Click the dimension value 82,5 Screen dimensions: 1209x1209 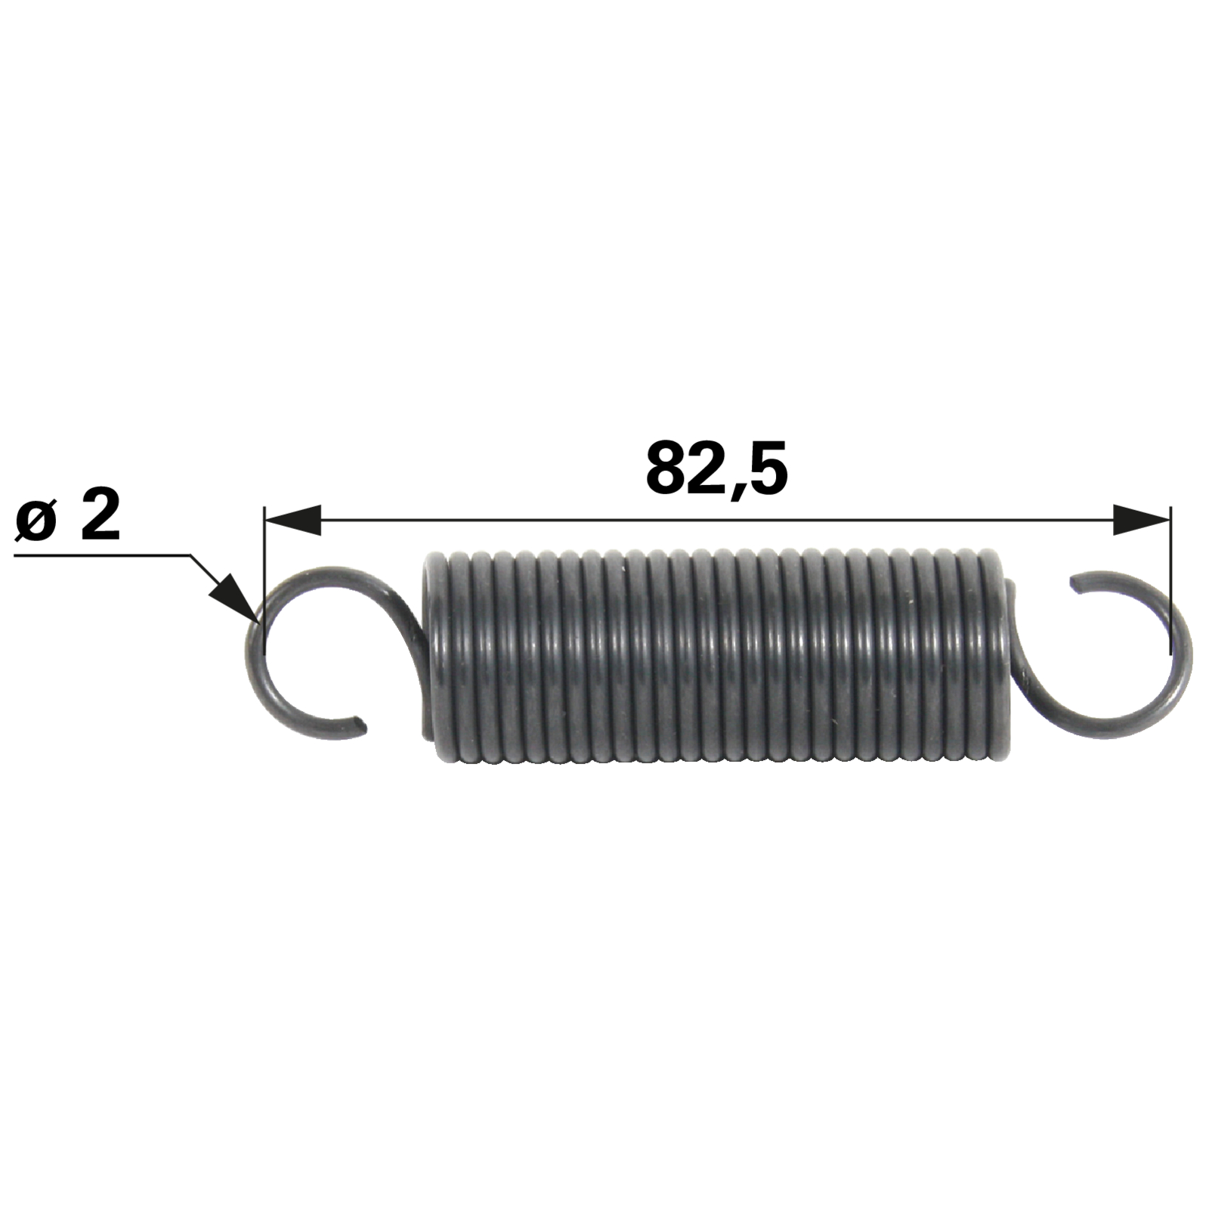(716, 470)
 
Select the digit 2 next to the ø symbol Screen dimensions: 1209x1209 (100, 514)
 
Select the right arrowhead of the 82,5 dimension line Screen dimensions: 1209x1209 (1142, 520)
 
